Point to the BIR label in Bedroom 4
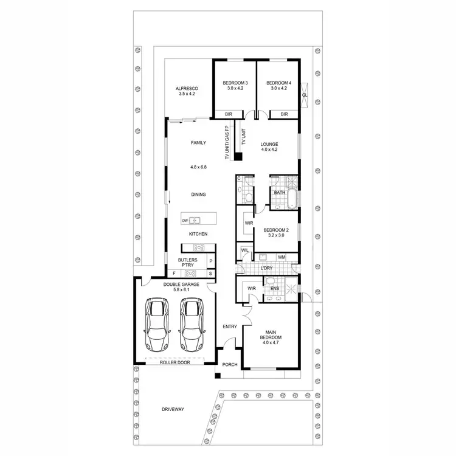point(284,114)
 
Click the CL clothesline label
point(305,95)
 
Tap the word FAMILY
point(198,143)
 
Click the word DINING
point(198,195)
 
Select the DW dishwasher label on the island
point(184,220)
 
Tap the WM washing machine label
point(282,257)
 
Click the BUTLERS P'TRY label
point(188,263)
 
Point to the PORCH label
point(230,365)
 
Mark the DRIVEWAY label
point(173,409)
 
